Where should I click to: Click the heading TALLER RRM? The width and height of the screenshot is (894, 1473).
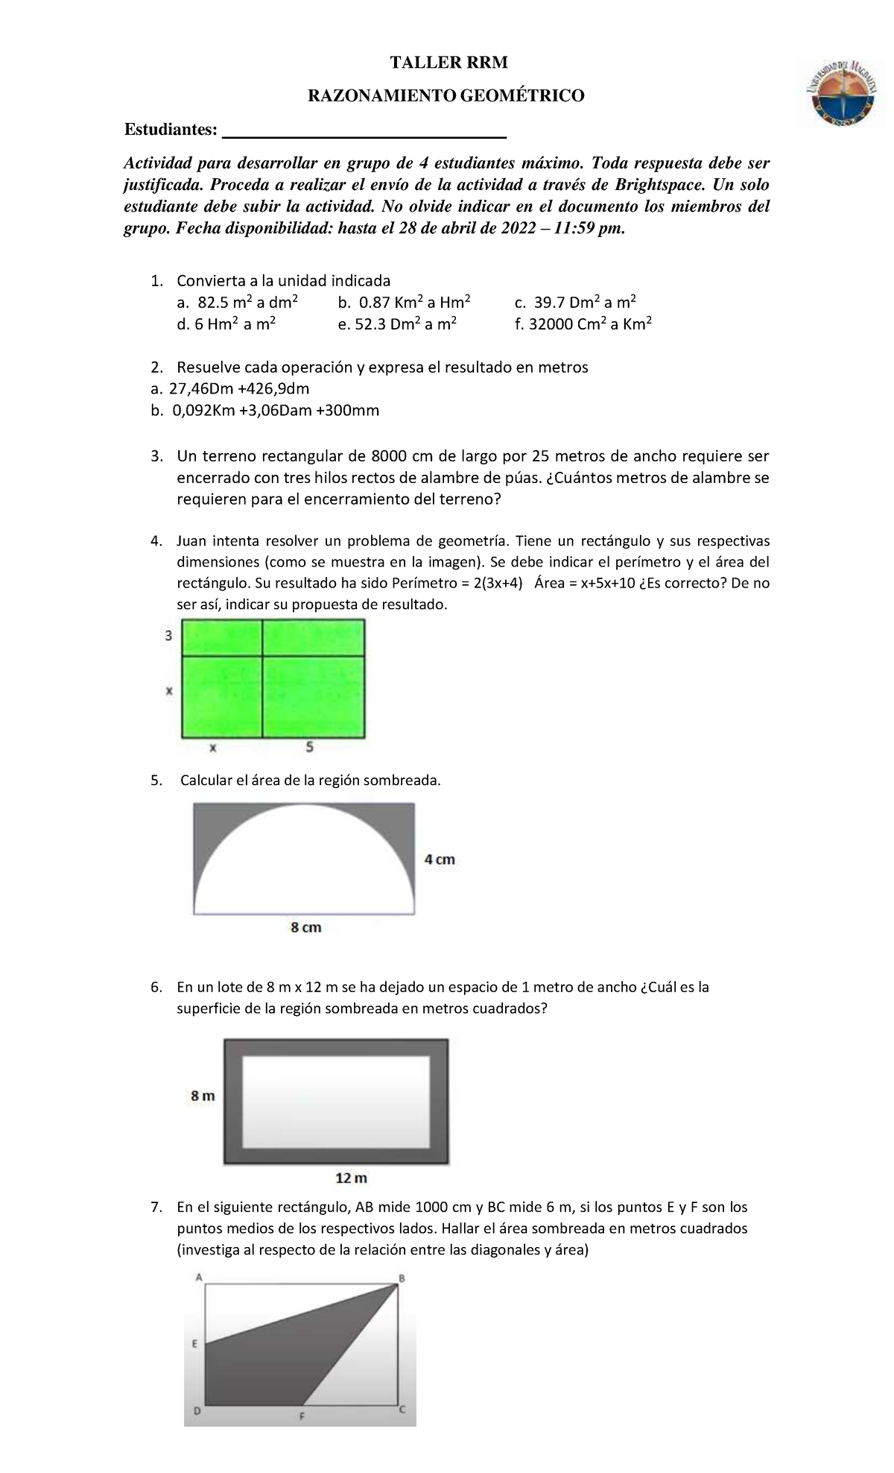(x=448, y=63)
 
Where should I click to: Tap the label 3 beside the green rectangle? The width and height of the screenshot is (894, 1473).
(x=169, y=636)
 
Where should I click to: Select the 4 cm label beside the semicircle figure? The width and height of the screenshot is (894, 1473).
(x=440, y=859)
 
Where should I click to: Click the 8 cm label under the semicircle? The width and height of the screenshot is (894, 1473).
(x=305, y=927)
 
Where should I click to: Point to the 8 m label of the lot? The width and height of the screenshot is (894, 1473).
(x=203, y=1096)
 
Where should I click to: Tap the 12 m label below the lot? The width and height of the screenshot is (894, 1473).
(x=351, y=1178)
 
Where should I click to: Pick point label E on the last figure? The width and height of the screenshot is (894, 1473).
(x=195, y=1344)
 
